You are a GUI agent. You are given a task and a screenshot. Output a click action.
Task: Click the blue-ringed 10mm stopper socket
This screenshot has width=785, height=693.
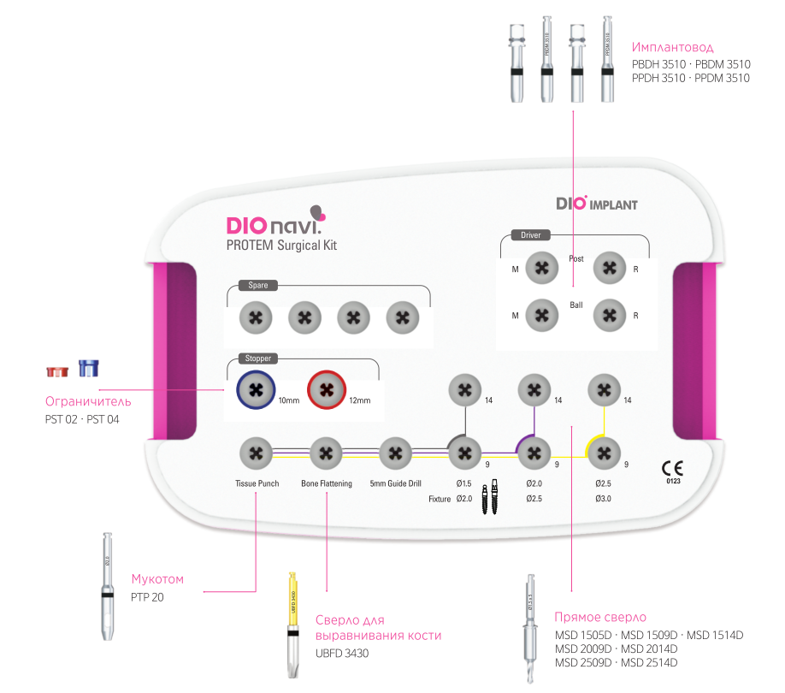(255, 390)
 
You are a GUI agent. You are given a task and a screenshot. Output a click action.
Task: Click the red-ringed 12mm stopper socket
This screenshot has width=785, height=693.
(326, 390)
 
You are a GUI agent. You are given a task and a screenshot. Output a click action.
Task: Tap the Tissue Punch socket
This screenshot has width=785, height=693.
(257, 453)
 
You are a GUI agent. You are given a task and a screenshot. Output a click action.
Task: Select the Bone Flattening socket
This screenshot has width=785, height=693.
(326, 453)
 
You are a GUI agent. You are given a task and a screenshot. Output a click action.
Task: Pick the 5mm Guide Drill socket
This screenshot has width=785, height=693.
(395, 453)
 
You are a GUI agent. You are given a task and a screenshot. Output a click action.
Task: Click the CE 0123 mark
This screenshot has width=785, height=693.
(671, 471)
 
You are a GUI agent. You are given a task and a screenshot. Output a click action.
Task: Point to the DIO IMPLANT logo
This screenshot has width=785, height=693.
(596, 204)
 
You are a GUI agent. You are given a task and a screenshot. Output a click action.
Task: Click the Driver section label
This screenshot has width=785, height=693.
(530, 234)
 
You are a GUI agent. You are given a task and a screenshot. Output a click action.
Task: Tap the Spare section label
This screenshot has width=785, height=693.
(257, 286)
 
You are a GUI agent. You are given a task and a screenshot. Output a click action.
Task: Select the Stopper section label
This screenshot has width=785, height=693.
(257, 358)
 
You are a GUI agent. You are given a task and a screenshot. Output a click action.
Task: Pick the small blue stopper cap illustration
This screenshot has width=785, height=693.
(87, 368)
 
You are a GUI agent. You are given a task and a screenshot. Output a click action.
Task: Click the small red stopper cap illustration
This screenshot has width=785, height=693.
(56, 371)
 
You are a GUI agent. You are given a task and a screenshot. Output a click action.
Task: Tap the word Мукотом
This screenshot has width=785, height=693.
(156, 579)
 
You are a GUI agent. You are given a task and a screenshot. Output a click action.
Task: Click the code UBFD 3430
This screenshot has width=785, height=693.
(342, 653)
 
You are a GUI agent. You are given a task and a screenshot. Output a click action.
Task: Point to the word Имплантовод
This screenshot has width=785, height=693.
(672, 47)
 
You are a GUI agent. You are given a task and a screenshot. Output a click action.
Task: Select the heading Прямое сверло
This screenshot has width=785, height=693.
(600, 617)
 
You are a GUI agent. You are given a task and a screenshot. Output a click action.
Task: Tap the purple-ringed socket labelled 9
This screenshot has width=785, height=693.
(534, 453)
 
